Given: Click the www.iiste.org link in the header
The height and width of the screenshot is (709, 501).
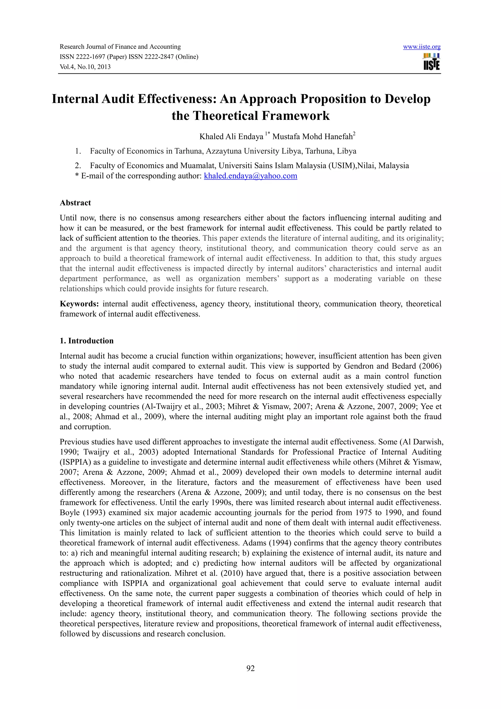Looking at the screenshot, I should coord(422,47).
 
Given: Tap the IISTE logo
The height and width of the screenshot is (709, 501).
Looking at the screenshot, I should coord(432,62).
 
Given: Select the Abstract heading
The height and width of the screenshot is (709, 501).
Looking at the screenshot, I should coord(75,203).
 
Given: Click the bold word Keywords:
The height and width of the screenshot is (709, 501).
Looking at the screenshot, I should coord(79,304).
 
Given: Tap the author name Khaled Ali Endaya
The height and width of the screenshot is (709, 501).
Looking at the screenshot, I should coord(231,137).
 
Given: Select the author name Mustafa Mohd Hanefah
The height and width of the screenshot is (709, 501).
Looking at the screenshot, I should coord(312,137).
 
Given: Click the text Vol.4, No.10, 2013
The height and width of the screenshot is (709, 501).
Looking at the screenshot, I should coord(85,67).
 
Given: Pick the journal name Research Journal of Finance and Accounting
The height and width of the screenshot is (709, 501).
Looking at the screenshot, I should coord(120,47).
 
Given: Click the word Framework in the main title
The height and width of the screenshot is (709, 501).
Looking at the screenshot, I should coord(296,116).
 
